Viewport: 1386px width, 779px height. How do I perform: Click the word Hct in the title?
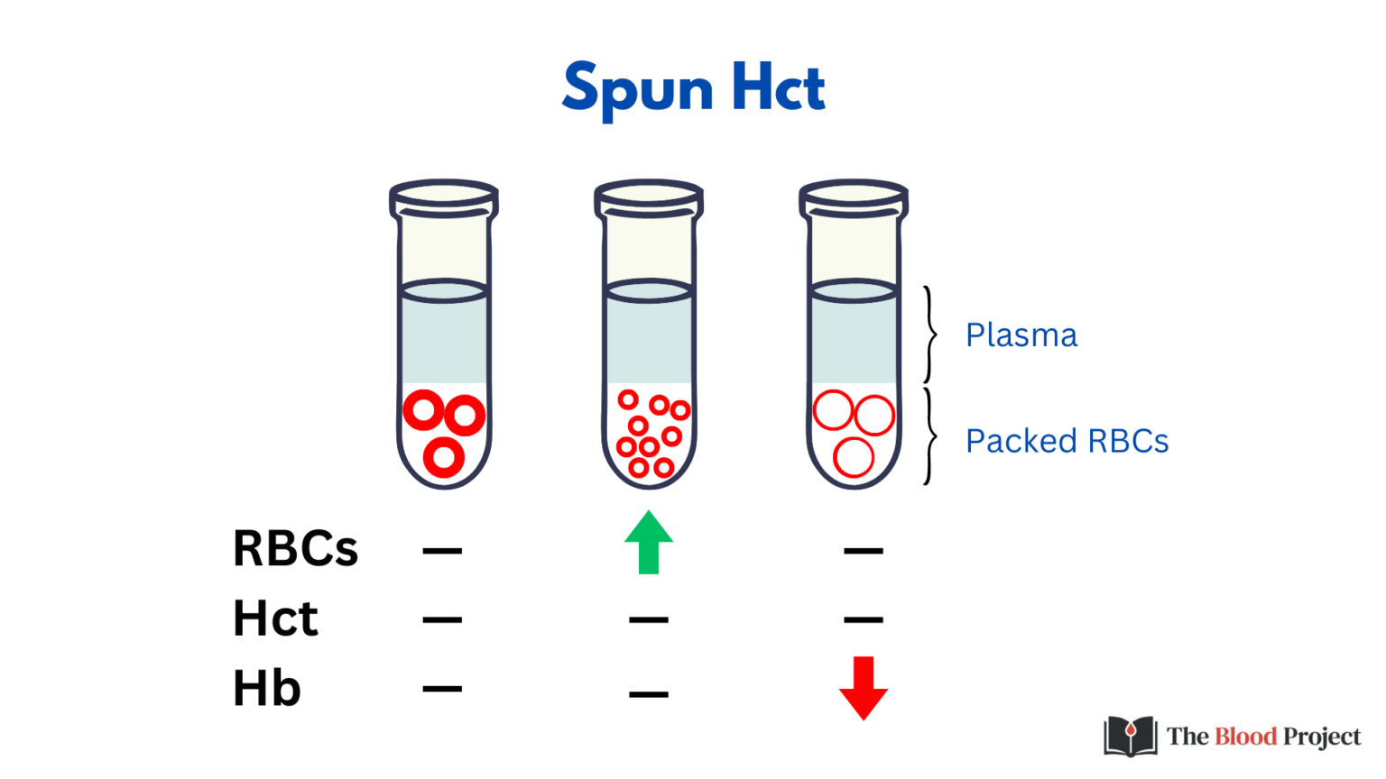[778, 88]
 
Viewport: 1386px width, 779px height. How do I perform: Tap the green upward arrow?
[649, 543]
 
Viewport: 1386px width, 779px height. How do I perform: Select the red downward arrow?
[864, 687]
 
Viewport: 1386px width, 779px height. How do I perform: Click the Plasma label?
[1021, 335]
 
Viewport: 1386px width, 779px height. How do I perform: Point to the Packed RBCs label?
[1067, 442]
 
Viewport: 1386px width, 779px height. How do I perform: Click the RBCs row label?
[295, 549]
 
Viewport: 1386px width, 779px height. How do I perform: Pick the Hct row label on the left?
[275, 619]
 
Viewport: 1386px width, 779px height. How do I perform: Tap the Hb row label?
[266, 689]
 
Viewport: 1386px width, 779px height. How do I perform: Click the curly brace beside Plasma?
[929, 335]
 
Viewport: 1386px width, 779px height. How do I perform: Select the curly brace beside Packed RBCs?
[929, 437]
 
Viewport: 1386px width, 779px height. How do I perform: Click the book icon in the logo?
[1130, 736]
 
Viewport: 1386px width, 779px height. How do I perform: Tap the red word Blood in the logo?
[1245, 737]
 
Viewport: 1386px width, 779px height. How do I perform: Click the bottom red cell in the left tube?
[443, 458]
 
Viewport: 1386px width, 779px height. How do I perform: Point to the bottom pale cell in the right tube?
[853, 457]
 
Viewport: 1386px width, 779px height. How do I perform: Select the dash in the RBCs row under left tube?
[442, 550]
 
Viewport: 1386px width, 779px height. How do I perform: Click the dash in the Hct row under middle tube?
[649, 619]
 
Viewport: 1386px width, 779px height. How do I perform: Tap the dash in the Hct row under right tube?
[864, 619]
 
